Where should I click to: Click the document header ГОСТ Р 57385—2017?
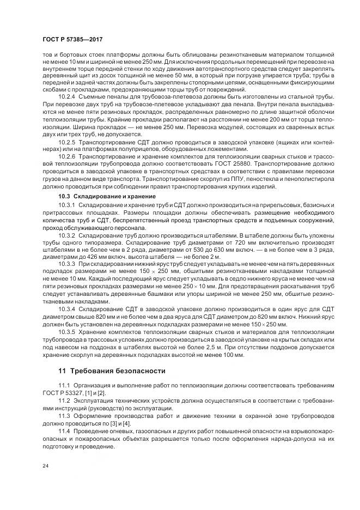72,40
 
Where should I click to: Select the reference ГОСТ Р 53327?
62,393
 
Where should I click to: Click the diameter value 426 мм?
87,257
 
